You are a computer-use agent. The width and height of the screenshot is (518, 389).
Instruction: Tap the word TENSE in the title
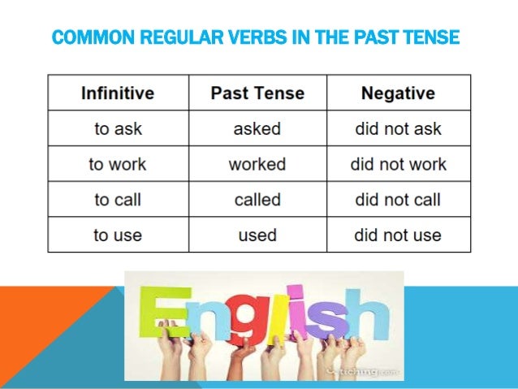[430, 37]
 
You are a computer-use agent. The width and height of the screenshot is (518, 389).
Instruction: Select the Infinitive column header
[119, 93]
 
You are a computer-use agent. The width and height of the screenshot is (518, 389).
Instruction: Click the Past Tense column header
[257, 93]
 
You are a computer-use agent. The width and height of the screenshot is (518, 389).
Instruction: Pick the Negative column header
[398, 93]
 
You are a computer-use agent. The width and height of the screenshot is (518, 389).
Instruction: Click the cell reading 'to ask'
[119, 128]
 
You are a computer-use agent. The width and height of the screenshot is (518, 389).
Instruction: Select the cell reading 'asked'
[257, 128]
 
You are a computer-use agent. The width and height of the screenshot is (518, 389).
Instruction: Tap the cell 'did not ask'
[398, 128]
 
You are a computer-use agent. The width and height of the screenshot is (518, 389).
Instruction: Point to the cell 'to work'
[119, 164]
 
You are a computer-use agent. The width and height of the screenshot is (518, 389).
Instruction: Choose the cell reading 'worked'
[257, 164]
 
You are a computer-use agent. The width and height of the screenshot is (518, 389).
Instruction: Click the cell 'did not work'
[398, 164]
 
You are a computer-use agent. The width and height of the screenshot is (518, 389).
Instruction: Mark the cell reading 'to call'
[119, 200]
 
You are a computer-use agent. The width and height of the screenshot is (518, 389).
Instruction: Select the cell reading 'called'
[257, 200]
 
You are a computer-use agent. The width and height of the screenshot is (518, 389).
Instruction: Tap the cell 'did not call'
[398, 200]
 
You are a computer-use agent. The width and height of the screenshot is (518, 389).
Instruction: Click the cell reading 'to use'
[119, 236]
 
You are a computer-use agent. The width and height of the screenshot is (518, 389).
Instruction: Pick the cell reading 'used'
[257, 236]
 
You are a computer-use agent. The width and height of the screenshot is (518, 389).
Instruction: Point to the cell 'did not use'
[398, 236]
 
